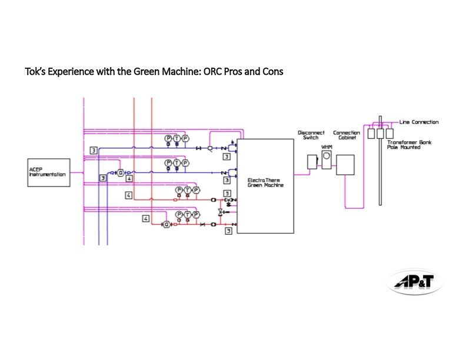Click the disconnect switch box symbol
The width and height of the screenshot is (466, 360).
point(312,161)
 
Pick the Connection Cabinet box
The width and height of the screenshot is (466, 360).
point(345,164)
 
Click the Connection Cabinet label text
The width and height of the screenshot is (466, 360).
point(347,135)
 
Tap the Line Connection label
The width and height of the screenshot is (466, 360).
point(419,122)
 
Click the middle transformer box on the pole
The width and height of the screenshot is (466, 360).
point(380,134)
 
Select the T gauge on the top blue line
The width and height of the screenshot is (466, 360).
point(177,138)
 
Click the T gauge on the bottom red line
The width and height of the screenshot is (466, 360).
point(188,215)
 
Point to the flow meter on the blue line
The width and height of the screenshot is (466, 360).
point(121,172)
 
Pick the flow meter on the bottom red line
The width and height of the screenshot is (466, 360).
point(167,224)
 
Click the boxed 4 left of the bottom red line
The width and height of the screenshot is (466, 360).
point(145,219)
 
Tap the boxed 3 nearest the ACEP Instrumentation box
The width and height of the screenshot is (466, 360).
point(102,178)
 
